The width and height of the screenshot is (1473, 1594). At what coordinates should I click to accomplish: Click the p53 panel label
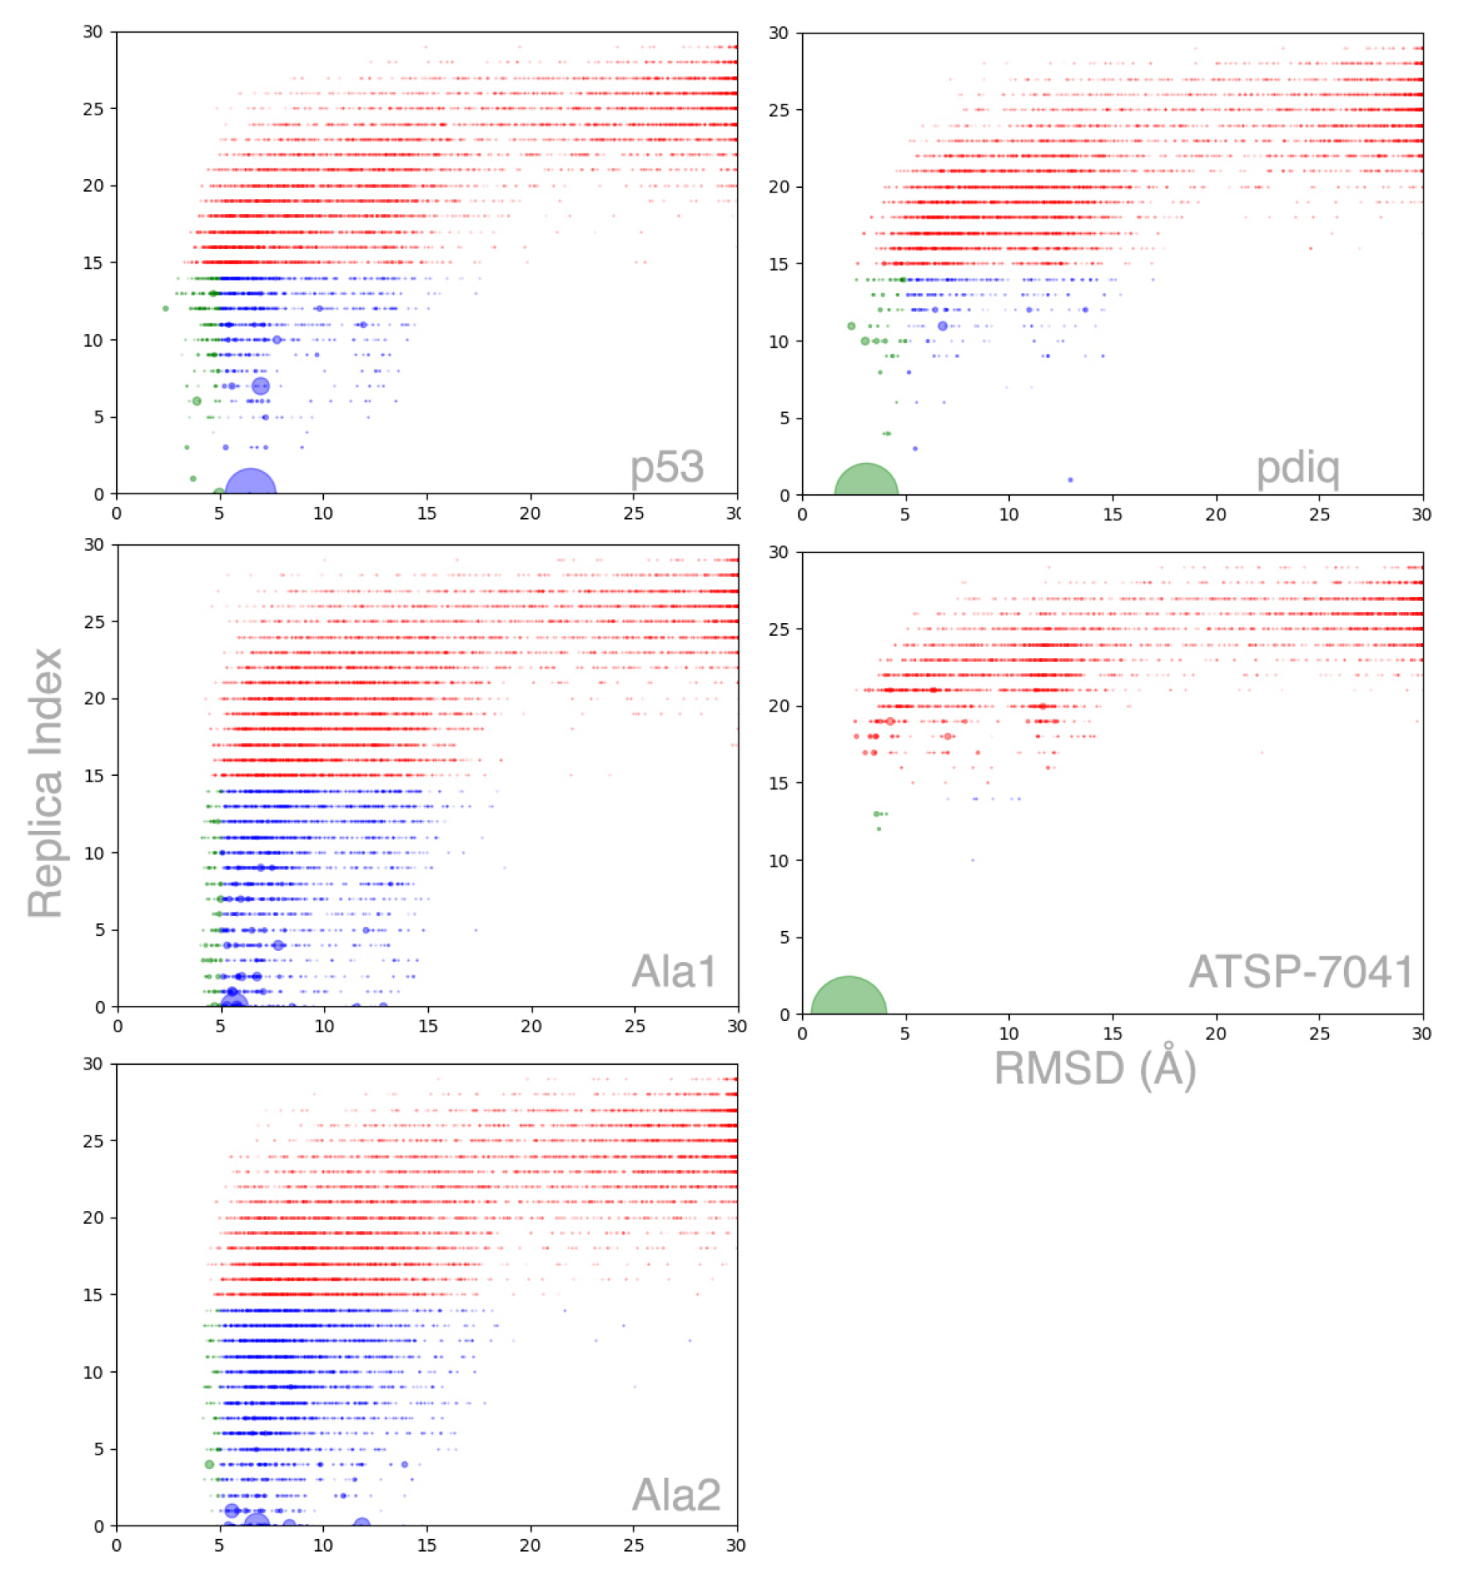666,467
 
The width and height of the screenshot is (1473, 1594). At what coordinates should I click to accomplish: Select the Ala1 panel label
673,972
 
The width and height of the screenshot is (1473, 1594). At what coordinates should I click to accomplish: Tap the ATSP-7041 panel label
1301,972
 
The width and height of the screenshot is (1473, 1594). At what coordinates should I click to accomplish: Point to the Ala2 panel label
676,1495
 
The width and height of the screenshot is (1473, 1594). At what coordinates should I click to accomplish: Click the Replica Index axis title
45,782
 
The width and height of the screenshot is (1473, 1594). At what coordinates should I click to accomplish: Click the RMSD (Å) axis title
1094,1068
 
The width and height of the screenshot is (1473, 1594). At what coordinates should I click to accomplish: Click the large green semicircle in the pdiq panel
866,482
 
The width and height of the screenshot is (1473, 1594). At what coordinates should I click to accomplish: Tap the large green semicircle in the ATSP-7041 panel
849,998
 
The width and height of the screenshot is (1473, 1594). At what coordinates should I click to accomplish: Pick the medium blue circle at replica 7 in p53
261,387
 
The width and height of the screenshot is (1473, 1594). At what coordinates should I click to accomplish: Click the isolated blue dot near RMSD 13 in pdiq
1070,480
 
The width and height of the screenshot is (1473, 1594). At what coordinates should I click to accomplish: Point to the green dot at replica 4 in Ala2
209,1465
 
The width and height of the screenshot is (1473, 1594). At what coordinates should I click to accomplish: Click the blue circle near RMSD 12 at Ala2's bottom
361,1524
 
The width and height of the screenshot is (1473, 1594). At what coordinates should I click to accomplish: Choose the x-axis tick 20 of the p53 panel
530,513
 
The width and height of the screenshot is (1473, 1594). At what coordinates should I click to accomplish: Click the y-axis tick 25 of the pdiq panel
779,110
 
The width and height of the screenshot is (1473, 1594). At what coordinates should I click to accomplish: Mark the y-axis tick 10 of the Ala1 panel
94,853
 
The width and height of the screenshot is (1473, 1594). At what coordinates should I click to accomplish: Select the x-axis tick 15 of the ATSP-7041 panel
1113,1034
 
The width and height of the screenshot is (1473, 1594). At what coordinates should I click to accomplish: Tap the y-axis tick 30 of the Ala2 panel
93,1064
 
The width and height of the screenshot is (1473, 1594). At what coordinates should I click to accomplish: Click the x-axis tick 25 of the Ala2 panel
633,1545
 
